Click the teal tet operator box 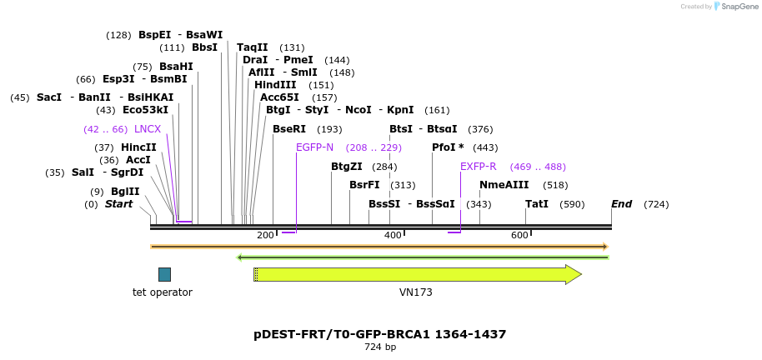tap(164, 274)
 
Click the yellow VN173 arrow tap(417, 274)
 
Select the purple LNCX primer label tap(148, 129)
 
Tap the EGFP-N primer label tap(314, 147)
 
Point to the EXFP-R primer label tap(479, 167)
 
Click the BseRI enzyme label tap(289, 129)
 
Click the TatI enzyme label tap(537, 204)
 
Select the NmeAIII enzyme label tap(504, 185)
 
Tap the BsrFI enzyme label tap(364, 185)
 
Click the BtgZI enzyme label tap(347, 167)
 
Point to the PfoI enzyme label tap(448, 147)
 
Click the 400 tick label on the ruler tap(393, 236)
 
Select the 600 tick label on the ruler tap(519, 236)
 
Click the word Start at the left tap(118, 204)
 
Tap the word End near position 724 tap(622, 204)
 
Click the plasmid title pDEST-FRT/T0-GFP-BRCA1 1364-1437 tap(380, 334)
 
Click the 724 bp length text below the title tap(380, 347)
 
